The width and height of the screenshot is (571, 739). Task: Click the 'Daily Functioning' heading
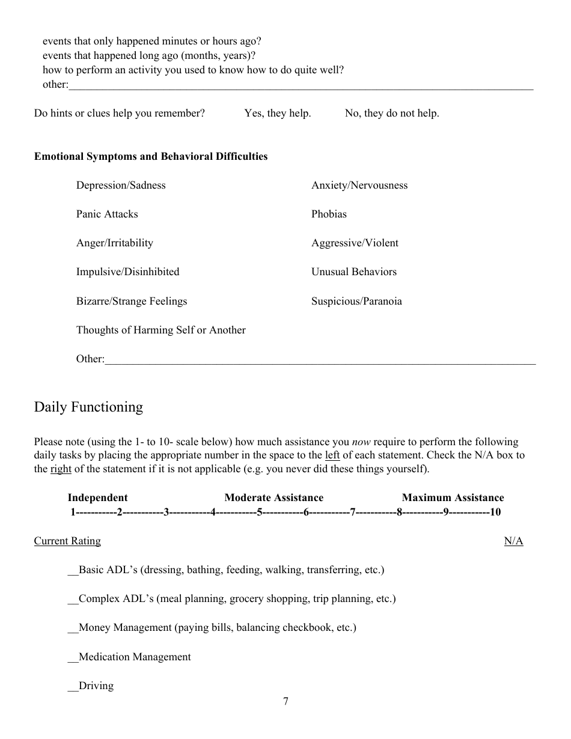point(88,407)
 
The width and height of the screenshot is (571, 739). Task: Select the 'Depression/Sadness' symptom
point(121,185)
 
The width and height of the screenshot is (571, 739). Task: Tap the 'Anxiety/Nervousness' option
point(359,185)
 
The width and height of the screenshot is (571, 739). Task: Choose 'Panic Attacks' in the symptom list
point(107,214)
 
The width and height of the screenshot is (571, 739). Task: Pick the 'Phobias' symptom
point(329,214)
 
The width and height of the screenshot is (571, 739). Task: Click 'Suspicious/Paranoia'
point(356,301)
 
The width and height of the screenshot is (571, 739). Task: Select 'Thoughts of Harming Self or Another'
point(160,330)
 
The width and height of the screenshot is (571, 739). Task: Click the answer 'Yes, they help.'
point(278,113)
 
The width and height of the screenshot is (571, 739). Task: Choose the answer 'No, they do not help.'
point(392,113)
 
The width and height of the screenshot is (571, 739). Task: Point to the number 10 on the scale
point(495,512)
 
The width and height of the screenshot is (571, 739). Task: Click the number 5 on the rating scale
point(260,512)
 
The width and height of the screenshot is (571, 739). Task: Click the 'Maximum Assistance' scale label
point(453,497)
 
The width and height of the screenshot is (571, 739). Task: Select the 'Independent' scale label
point(97,497)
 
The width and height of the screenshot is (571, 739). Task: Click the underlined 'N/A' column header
point(513,541)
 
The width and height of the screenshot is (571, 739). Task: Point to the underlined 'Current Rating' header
point(67,541)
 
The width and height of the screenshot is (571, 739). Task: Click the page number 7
point(285,701)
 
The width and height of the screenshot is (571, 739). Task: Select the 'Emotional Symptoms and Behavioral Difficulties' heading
point(151,156)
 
